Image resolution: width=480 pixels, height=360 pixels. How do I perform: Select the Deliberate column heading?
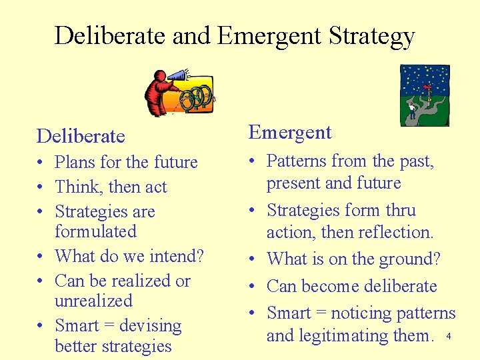coord(81,136)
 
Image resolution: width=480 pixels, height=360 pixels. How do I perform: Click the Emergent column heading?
coord(290,132)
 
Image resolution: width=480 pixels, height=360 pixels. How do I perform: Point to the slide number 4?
coord(449,337)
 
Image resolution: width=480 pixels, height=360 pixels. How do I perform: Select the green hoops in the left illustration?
coord(197,97)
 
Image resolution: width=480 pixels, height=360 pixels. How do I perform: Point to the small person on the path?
coord(412,109)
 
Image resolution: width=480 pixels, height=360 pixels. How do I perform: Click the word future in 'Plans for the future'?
coord(175,162)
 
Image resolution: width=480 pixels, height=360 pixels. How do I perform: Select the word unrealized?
coord(93,301)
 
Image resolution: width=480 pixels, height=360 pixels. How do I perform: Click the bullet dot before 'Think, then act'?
coord(41,187)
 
